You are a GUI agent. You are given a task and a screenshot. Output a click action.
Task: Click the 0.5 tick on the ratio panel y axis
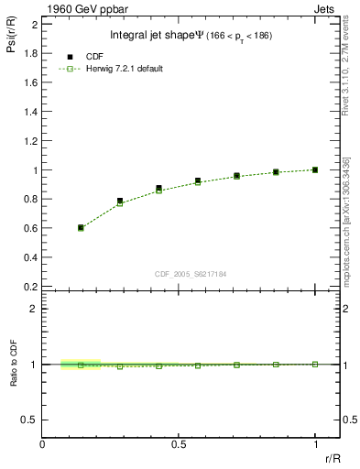tap(31, 420)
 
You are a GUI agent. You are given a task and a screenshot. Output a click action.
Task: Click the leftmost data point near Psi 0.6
tap(81, 227)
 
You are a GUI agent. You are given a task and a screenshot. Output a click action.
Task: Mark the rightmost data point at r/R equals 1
tap(315, 169)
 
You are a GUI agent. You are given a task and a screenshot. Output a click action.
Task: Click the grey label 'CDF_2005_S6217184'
tap(191, 273)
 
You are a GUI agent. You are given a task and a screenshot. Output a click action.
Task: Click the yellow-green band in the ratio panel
tap(81, 364)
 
